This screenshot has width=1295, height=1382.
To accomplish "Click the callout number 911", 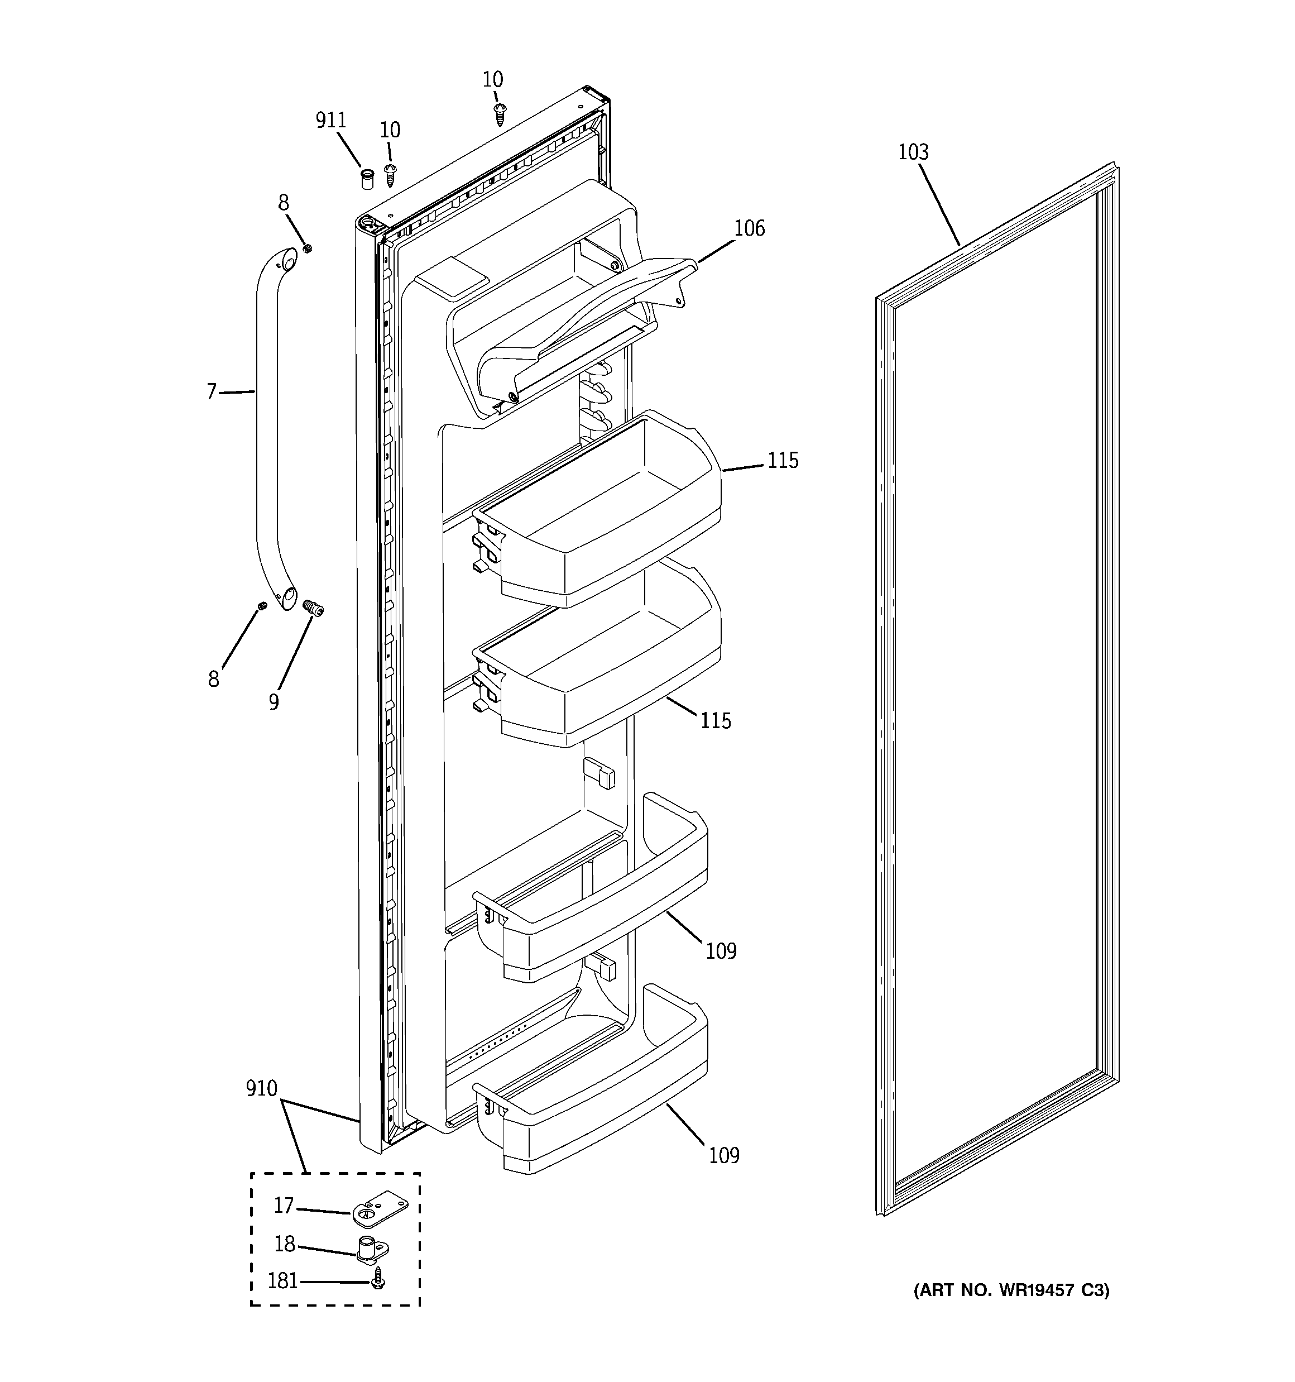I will coord(331,121).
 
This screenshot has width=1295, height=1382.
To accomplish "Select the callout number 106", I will coord(749,229).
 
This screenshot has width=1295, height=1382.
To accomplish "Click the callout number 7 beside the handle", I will coord(212,392).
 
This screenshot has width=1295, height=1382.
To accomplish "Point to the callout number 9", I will coord(274,702).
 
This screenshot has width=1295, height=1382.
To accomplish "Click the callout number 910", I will coord(261,1089).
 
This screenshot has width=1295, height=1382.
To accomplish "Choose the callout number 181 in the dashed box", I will coord(283,1280).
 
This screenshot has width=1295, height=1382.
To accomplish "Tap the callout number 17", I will coord(284,1206).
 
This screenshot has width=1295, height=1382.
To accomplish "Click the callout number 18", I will coord(284,1244).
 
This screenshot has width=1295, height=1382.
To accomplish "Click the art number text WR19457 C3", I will coord(1011,1290).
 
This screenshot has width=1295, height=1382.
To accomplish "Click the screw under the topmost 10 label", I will coord(499,114).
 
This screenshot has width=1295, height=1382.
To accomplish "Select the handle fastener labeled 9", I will coord(315,610).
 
